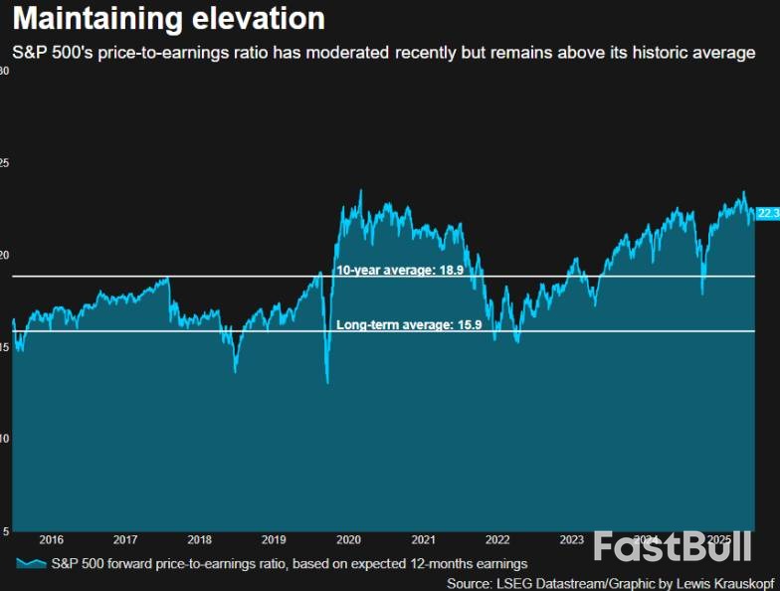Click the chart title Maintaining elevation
click(x=168, y=19)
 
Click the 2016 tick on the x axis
click(x=51, y=539)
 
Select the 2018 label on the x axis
click(x=199, y=539)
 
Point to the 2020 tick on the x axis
click(x=348, y=539)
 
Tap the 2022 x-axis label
click(x=497, y=539)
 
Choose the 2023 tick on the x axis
click(x=572, y=539)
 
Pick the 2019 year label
click(x=274, y=539)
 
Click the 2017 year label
click(x=125, y=539)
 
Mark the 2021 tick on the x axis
click(x=423, y=539)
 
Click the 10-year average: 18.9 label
click(x=400, y=270)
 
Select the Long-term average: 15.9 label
click(x=409, y=325)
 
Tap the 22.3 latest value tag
click(x=767, y=213)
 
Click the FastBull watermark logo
click(x=663, y=548)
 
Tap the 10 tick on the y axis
click(x=5, y=439)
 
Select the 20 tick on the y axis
click(x=5, y=255)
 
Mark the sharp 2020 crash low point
click(x=327, y=382)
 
